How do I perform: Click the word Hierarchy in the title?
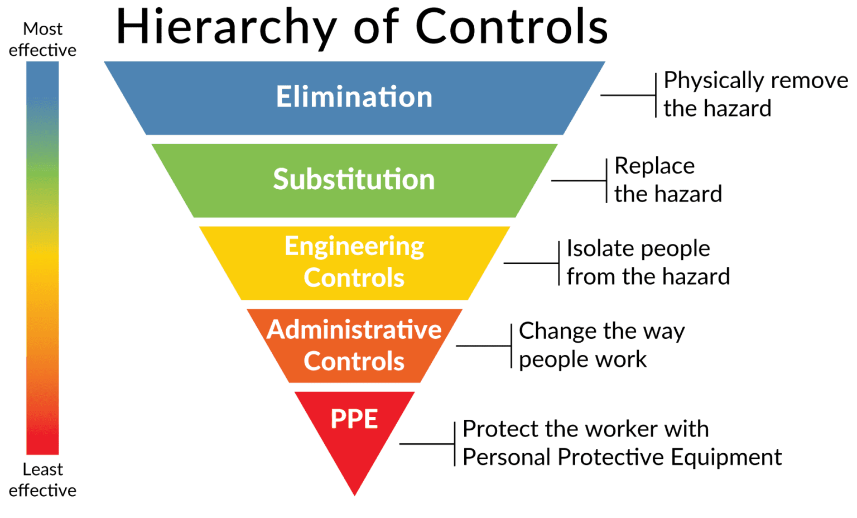(x=226, y=28)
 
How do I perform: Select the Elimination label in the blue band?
(x=354, y=97)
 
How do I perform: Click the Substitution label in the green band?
(x=354, y=180)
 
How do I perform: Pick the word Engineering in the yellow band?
(x=354, y=247)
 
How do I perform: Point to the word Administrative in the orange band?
(x=354, y=329)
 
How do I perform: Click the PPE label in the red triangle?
(x=354, y=419)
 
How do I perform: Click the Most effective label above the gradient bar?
(x=42, y=39)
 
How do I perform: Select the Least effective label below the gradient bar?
(x=42, y=479)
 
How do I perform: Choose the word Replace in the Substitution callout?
(x=654, y=166)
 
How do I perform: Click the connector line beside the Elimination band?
(x=628, y=95)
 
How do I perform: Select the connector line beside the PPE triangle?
(x=427, y=444)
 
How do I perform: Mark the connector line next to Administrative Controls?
(x=483, y=346)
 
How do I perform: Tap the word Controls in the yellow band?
(x=354, y=278)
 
